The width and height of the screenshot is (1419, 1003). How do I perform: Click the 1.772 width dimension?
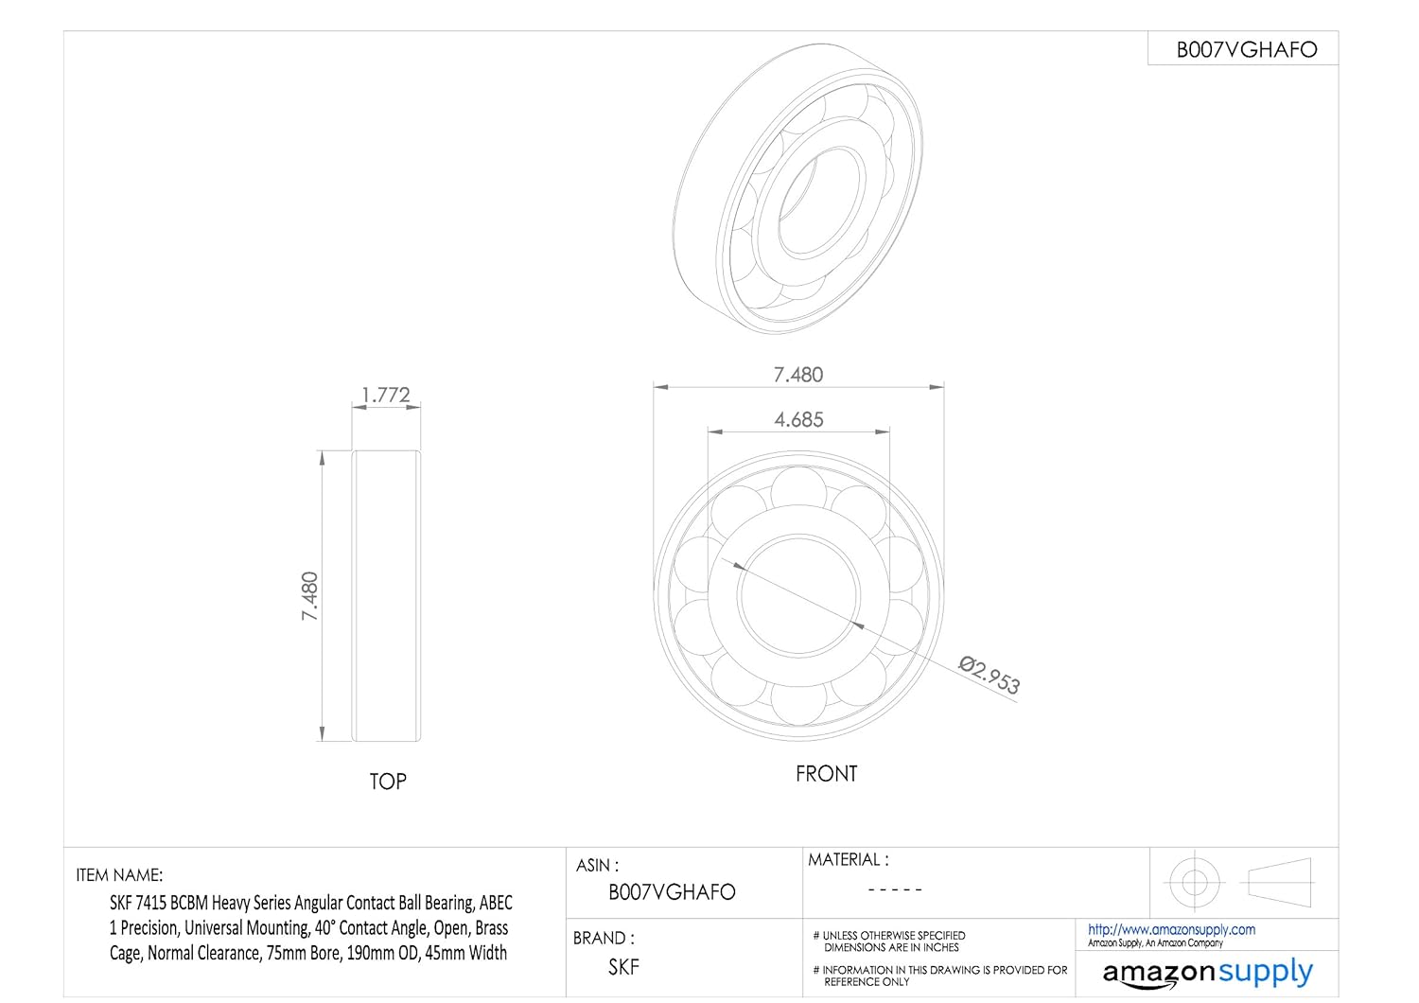386,395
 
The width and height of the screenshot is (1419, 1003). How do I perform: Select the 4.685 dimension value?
798,419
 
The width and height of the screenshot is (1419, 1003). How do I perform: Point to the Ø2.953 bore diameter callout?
990,676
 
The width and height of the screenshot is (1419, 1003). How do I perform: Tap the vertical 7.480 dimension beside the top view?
310,596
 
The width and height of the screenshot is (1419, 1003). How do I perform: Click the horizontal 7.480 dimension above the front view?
798,375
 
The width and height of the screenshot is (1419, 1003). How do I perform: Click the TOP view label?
388,782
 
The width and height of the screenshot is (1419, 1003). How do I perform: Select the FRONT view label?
826,774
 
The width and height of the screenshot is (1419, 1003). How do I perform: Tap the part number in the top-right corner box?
1246,50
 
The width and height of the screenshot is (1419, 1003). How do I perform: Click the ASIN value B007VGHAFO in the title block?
672,892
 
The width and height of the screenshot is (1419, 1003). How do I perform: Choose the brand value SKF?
623,967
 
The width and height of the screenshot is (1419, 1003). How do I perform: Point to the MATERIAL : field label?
848,860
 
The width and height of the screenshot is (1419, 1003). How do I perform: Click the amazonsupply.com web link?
1171,929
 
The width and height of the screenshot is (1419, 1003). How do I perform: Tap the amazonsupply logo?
1207,973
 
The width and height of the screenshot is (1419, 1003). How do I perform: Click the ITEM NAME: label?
119,875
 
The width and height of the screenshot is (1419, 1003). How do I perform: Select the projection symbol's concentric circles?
1194,882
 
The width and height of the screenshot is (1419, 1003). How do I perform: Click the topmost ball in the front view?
798,489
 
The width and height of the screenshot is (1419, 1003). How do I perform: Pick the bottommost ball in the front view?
798,704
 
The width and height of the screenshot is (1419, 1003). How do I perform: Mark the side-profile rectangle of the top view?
386,596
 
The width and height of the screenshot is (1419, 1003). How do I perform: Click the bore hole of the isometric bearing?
810,201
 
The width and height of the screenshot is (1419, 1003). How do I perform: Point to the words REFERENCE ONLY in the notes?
867,982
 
